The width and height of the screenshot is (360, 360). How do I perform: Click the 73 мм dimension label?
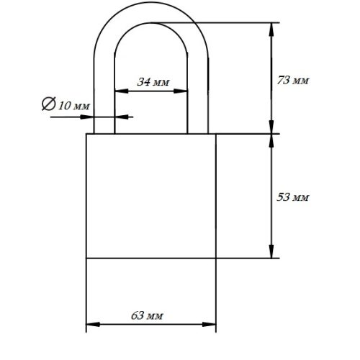pyautogui.click(x=292, y=80)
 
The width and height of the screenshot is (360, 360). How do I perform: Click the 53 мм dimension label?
pyautogui.click(x=292, y=197)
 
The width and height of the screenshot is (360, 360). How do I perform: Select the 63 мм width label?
pyautogui.click(x=147, y=315)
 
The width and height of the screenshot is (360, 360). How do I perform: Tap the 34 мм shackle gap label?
pyautogui.click(x=153, y=82)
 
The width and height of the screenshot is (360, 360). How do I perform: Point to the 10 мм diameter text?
pyautogui.click(x=74, y=106)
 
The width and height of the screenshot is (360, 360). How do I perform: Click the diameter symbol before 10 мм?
pyautogui.click(x=49, y=104)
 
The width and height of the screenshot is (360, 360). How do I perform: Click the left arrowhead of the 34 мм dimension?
pyautogui.click(x=122, y=91)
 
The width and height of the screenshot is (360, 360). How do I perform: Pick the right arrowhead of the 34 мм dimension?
pyautogui.click(x=180, y=91)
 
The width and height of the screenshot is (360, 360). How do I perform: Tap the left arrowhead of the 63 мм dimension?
pyautogui.click(x=93, y=325)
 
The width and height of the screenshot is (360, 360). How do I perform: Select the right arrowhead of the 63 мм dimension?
pyautogui.click(x=209, y=325)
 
